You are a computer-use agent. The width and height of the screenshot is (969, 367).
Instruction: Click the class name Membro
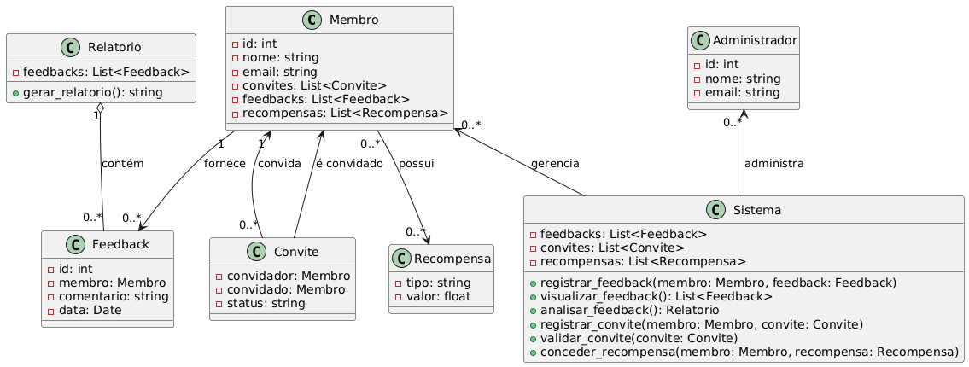[353, 20]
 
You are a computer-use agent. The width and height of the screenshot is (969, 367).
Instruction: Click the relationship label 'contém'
[123, 163]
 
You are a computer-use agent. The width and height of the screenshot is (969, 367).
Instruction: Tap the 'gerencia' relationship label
[554, 163]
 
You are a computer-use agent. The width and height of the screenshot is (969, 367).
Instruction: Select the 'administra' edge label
[773, 163]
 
